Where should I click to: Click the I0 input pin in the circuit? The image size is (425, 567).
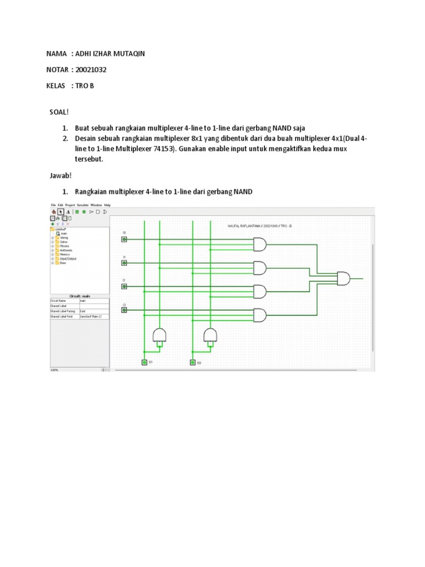124,239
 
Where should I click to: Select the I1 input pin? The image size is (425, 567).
124,263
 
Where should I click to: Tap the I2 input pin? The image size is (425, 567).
124,287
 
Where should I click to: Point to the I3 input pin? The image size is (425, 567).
124,311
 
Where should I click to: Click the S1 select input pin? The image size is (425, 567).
144,362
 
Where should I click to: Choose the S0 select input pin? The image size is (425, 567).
192,362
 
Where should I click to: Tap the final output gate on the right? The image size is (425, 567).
344,279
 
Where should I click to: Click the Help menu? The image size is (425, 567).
107,205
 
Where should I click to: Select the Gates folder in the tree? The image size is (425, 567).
64,241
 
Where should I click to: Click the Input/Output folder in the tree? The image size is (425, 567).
68,259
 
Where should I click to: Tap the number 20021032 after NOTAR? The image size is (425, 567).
90,70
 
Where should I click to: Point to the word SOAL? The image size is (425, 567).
58,112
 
